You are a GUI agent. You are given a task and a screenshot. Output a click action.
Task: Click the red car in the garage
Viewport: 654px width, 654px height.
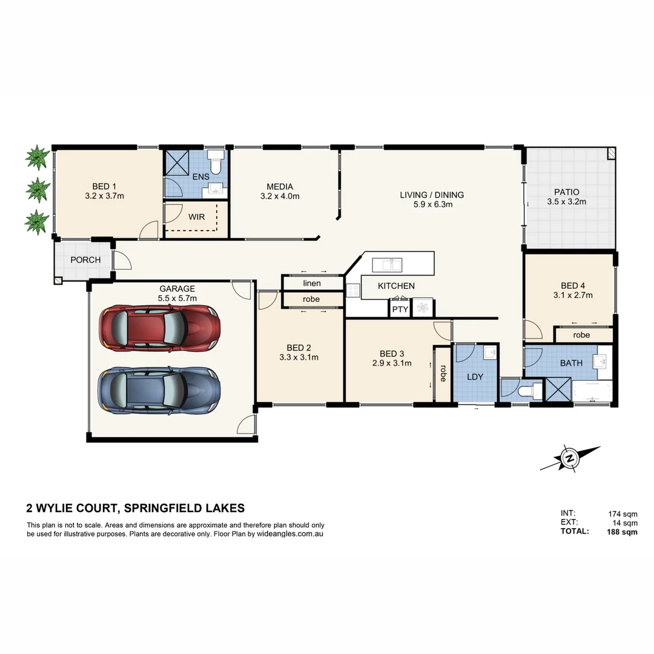click(159, 328)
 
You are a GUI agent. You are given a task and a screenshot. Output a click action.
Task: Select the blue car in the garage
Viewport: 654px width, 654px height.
click(159, 391)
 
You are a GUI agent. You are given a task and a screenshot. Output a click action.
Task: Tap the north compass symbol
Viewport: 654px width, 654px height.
click(569, 458)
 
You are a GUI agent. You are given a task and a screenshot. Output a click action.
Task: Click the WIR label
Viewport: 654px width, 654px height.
click(196, 216)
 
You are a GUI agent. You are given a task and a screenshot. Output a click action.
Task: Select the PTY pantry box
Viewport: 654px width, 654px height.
click(400, 309)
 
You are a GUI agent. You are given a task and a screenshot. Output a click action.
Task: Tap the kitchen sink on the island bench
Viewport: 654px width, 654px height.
click(388, 265)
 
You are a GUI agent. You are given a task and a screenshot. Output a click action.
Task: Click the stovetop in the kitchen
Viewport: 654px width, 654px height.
click(353, 290)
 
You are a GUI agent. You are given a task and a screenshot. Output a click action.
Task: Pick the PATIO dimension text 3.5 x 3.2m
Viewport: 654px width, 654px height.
click(566, 202)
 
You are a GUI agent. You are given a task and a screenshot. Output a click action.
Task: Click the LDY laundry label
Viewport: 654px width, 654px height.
click(475, 377)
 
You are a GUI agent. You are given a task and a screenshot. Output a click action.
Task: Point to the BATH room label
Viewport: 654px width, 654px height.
click(571, 363)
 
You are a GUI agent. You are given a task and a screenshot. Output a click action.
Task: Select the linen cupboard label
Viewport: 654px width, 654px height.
click(312, 283)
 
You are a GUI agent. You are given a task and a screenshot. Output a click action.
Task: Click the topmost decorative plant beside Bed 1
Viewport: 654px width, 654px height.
click(38, 158)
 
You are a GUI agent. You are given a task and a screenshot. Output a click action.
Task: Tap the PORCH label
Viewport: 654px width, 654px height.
click(85, 260)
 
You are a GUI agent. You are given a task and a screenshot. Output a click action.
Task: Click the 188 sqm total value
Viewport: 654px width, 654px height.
click(623, 532)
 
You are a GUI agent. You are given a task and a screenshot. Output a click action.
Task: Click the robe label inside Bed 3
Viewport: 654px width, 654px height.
click(443, 373)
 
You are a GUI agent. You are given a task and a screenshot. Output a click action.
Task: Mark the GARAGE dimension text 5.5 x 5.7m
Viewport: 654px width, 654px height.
click(177, 299)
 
